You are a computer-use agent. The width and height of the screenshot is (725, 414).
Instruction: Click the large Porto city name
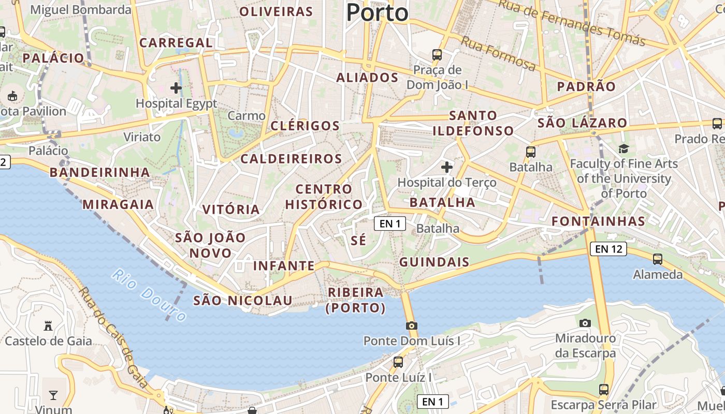(377, 12)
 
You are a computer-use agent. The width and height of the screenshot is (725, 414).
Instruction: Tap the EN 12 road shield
(608, 249)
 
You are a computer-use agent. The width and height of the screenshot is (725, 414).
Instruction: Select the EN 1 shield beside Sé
(390, 224)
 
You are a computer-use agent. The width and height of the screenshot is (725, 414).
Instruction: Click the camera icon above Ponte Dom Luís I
(412, 326)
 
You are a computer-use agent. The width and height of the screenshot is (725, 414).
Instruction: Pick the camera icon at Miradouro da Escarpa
(585, 323)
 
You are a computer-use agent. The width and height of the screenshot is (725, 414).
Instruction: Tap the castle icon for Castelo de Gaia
(48, 326)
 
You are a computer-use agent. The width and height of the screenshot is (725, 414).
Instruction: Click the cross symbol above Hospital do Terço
(446, 167)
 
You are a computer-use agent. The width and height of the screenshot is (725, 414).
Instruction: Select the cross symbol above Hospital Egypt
(176, 88)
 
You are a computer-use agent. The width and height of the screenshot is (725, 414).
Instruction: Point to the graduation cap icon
(624, 149)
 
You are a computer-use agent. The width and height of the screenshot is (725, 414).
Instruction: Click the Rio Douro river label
(149, 295)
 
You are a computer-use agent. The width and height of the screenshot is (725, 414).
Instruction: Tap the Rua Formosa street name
(498, 53)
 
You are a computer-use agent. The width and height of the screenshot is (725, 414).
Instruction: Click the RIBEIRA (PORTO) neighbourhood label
(356, 300)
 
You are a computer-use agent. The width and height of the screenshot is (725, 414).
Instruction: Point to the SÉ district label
(358, 240)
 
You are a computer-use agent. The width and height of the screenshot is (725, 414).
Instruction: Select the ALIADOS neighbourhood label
(367, 78)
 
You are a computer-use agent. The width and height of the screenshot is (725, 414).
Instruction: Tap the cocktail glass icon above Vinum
(53, 395)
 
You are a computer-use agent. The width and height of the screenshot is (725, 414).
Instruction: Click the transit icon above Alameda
(658, 259)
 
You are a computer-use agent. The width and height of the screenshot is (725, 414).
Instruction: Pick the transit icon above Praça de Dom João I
(437, 54)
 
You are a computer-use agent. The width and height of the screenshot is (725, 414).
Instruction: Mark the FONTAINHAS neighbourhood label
(598, 221)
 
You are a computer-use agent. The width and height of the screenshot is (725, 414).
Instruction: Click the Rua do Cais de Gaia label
(114, 339)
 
